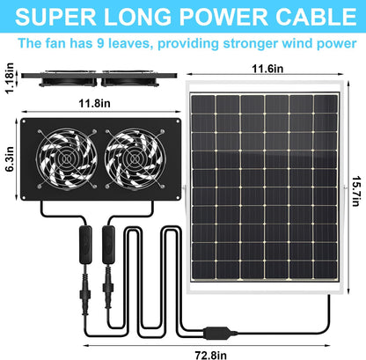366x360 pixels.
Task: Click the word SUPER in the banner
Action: coord(55,17)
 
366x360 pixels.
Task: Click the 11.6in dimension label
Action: coord(267,69)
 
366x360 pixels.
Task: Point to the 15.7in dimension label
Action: coord(356,191)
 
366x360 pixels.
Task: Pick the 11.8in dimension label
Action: coord(94,103)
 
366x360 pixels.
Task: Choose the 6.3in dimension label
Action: coord(10,158)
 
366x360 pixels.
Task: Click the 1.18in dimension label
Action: coord(10,78)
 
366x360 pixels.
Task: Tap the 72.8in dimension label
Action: coord(210,355)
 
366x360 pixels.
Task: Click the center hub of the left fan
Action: coord(67,159)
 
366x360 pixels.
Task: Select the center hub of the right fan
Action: coord(135,159)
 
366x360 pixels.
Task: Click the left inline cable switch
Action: coord(85,245)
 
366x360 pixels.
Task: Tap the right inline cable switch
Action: coord(108,245)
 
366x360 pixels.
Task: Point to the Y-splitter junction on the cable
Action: coord(218,333)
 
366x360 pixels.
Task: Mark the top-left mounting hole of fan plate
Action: coord(24,121)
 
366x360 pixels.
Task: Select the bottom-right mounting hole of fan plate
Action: coord(178,198)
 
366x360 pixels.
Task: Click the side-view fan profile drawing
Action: coord(99,78)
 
